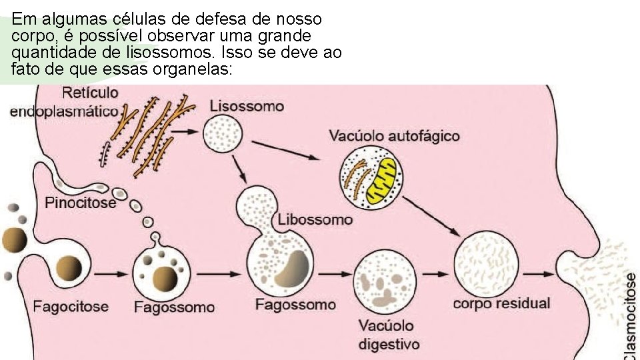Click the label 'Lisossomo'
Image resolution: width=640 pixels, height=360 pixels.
coord(246,106)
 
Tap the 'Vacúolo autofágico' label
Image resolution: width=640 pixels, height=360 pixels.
coord(394,136)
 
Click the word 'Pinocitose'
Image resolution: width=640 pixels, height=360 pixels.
coord(80,202)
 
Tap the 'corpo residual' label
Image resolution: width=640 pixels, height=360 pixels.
coord(501,303)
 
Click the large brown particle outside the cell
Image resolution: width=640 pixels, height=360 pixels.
coord(14,239)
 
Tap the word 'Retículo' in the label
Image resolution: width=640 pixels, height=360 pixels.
coord(90,93)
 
